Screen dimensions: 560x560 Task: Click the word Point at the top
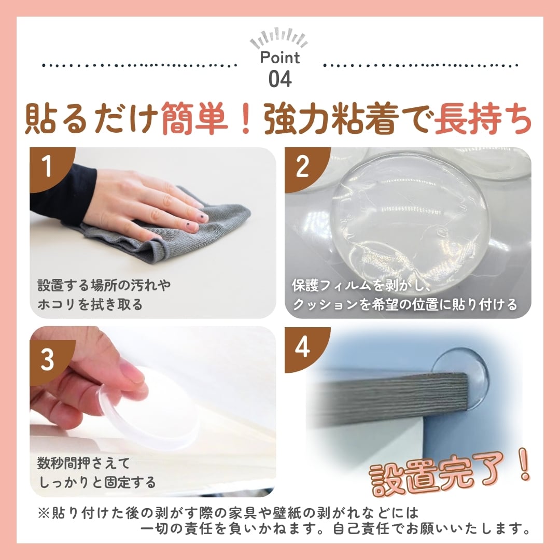[279, 58]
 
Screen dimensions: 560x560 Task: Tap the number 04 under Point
[280, 79]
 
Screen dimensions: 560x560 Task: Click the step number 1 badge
[48, 165]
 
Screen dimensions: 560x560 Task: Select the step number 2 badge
[303, 165]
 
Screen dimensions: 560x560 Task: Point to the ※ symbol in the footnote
[44, 513]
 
